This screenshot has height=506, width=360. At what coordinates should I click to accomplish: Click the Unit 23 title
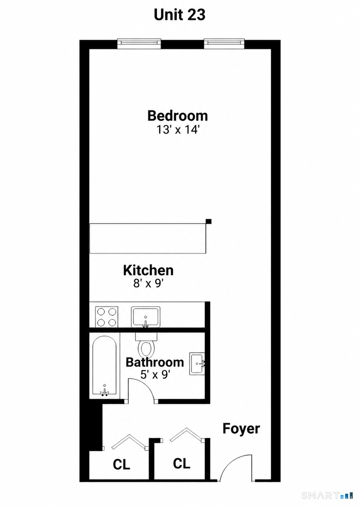pyautogui.click(x=180, y=15)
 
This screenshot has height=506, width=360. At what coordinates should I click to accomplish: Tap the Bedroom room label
pyautogui.click(x=178, y=116)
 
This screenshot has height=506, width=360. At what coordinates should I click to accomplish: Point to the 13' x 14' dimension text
pyautogui.click(x=178, y=130)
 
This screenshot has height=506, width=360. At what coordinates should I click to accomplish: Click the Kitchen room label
pyautogui.click(x=148, y=270)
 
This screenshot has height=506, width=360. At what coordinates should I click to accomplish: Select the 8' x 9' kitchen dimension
pyautogui.click(x=148, y=283)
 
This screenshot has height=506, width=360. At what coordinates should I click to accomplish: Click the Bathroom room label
pyautogui.click(x=155, y=362)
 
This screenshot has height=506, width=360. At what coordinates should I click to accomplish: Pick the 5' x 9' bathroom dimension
pyautogui.click(x=155, y=375)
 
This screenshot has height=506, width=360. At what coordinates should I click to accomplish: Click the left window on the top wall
pyautogui.click(x=139, y=44)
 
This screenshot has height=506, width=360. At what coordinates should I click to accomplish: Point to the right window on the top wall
pyautogui.click(x=224, y=44)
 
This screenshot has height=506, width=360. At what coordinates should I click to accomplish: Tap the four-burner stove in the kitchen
pyautogui.click(x=107, y=316)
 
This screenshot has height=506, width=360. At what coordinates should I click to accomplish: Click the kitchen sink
pyautogui.click(x=146, y=317)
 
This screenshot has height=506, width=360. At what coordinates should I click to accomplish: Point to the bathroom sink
pyautogui.click(x=197, y=363)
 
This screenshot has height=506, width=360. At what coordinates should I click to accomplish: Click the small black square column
pyautogui.click(x=209, y=221)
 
